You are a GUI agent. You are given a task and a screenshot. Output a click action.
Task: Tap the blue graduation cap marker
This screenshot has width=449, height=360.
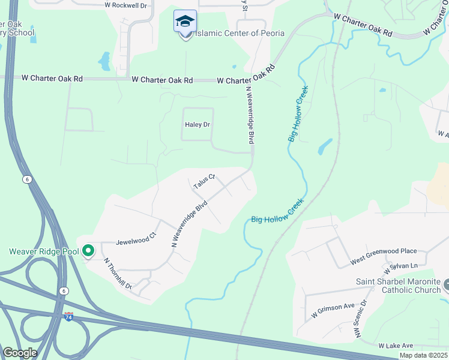click(185, 23)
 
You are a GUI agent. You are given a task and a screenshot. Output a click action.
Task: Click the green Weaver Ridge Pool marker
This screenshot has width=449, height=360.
click(88, 251)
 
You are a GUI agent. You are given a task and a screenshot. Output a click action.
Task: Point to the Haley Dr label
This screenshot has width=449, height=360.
click(197, 125)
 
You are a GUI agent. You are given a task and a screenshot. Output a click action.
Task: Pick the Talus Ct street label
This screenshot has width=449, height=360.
click(204, 182)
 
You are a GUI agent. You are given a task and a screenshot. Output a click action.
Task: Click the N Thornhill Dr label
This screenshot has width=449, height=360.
click(118, 274)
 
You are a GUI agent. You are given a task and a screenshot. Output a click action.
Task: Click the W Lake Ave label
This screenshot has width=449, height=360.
click(396, 346)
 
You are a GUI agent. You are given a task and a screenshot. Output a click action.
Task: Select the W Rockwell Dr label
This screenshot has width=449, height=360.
click(125, 5)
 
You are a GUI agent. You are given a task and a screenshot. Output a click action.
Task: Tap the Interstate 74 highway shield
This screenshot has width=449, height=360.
click(69, 316)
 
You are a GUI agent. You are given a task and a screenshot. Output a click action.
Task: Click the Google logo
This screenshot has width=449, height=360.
click(20, 353)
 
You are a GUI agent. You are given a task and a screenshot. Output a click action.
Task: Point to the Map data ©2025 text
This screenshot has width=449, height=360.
click(424, 355)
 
